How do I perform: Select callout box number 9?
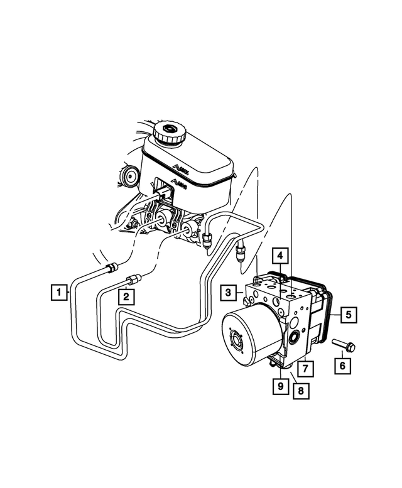coord(278,386)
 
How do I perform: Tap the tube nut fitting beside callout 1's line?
coord(111,268)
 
